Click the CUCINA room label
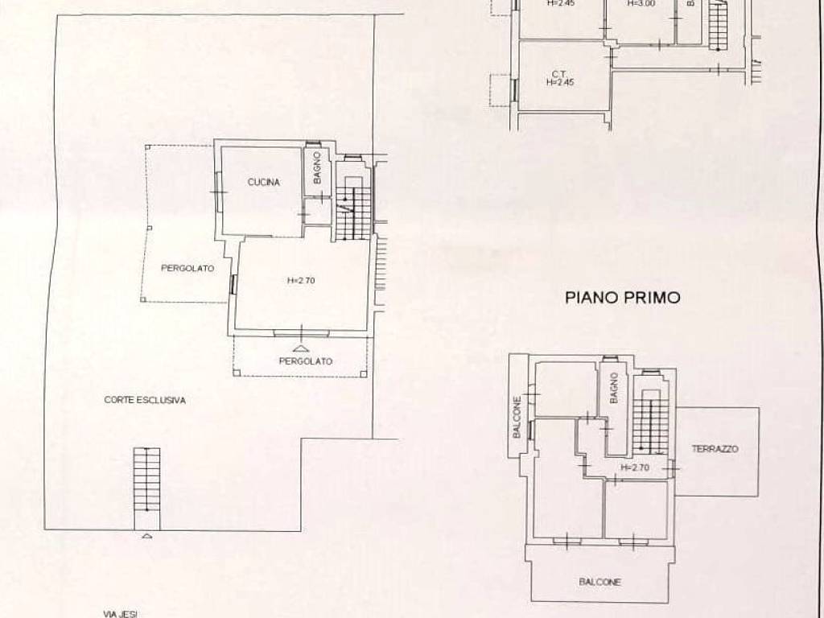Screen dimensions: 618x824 click(263, 183)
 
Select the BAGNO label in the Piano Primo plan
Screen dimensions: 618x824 click(613, 388)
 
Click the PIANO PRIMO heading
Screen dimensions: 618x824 click(622, 298)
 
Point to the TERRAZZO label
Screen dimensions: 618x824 click(715, 449)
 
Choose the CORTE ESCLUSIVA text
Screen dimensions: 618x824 click(145, 400)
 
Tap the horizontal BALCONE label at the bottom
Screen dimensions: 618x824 click(600, 583)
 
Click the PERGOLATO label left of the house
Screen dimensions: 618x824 click(187, 269)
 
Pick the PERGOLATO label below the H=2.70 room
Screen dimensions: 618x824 click(305, 361)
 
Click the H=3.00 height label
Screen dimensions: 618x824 click(641, 3)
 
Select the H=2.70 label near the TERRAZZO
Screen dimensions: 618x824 click(635, 467)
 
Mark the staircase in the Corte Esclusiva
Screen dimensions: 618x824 click(146, 480)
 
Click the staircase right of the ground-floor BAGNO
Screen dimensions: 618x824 click(353, 208)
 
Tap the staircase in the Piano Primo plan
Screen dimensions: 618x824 click(650, 422)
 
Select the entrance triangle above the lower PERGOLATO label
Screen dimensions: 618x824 click(301, 348)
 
